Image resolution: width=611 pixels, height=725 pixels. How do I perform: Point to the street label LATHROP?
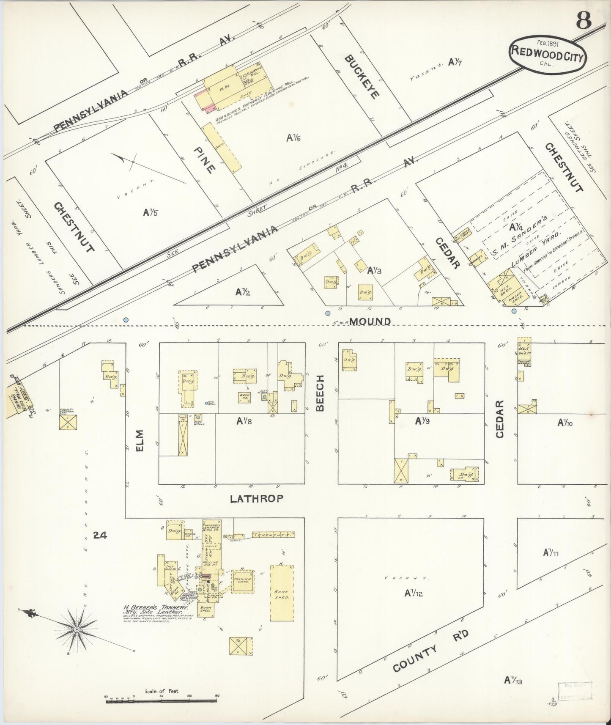pyautogui.click(x=256, y=499)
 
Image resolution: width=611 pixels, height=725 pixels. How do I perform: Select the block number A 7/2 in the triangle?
pyautogui.click(x=244, y=291)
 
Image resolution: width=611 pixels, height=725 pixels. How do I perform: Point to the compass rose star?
pyautogui.click(x=77, y=630)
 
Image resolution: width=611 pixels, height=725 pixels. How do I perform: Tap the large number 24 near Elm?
pyautogui.click(x=100, y=535)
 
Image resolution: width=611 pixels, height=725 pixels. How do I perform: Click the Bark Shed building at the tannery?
pyautogui.click(x=282, y=594)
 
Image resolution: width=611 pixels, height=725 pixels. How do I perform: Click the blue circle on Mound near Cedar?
pyautogui.click(x=514, y=311)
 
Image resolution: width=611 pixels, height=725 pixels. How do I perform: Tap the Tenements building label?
pyautogui.click(x=271, y=535)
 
